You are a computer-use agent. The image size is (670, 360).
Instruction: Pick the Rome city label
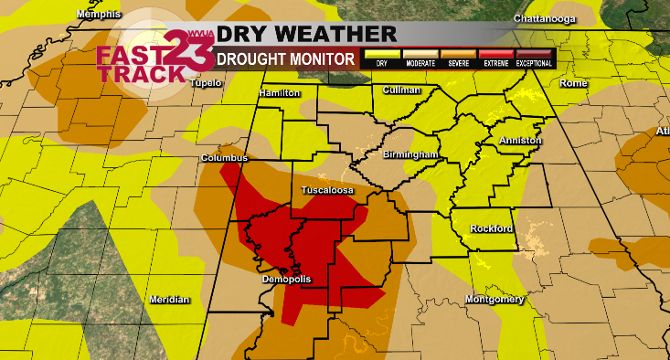tap(573, 83)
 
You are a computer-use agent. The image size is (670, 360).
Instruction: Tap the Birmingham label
tap(412, 155)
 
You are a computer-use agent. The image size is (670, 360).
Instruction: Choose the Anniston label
tap(520, 141)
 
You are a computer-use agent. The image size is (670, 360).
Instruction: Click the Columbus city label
tap(225, 158)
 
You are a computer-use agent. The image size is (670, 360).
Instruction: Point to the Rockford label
tap(492, 228)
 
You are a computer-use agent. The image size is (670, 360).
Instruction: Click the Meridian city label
tap(169, 300)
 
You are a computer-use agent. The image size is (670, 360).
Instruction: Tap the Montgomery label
tap(493, 300)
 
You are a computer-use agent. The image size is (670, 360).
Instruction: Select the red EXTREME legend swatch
tap(495, 55)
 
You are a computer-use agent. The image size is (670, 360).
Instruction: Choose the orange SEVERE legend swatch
tap(458, 55)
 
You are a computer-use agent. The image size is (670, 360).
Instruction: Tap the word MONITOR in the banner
tap(319, 58)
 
